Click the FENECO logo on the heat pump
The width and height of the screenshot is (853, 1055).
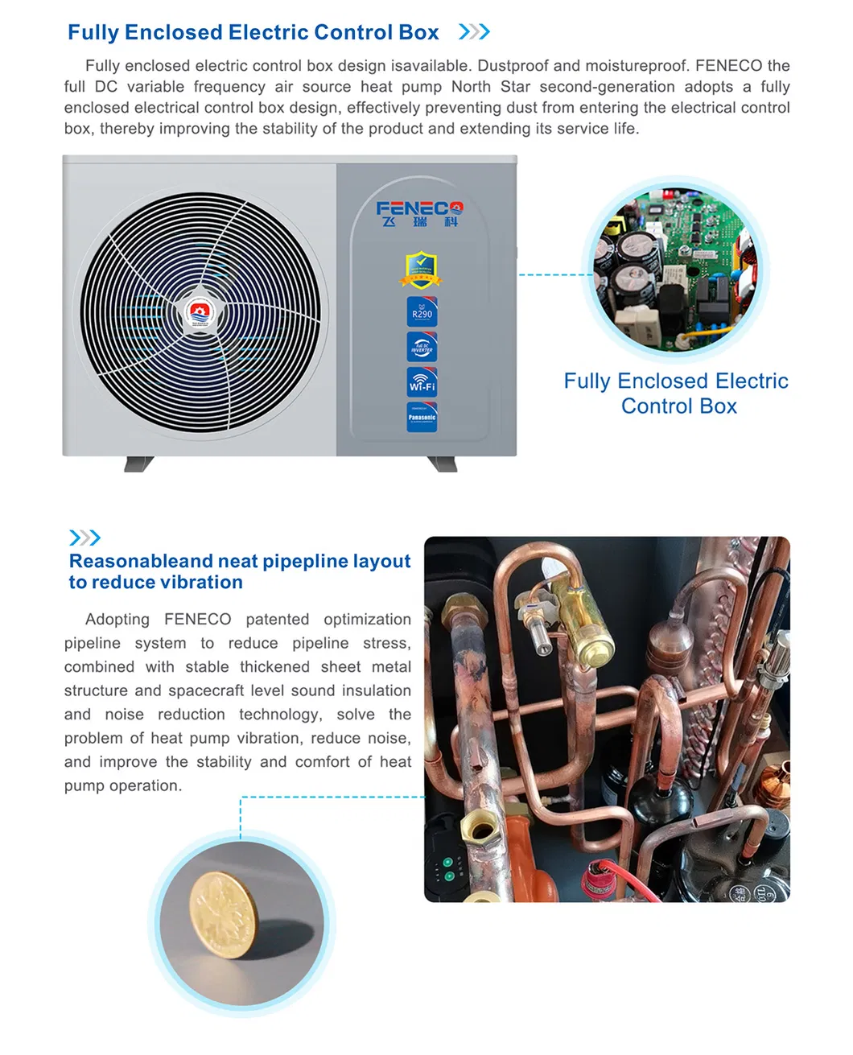click(419, 212)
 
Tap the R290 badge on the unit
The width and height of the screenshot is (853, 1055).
click(422, 312)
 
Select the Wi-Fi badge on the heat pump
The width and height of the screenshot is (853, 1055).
click(422, 381)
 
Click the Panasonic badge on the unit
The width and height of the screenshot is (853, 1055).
click(422, 417)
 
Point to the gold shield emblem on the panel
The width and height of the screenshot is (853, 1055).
click(421, 270)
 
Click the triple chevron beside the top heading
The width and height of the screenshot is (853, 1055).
click(474, 32)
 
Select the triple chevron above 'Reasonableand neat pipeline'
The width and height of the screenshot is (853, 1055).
click(84, 538)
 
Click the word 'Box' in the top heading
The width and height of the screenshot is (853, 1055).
click(418, 32)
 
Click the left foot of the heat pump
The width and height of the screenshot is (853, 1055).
click(138, 464)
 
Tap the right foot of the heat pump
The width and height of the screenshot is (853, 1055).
click(443, 464)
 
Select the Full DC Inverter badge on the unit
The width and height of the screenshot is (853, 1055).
click(422, 347)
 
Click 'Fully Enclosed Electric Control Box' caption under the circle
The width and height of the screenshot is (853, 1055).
click(676, 394)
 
